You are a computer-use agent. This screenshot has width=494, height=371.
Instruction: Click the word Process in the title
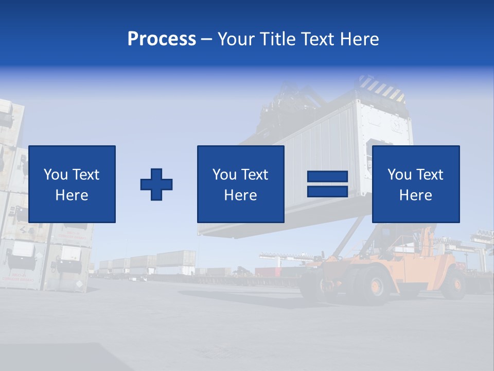click(x=162, y=39)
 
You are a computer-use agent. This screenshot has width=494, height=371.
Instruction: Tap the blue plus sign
click(x=156, y=184)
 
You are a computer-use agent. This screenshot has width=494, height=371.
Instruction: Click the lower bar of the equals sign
click(x=327, y=191)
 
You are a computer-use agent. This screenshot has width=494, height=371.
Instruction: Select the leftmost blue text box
click(x=72, y=184)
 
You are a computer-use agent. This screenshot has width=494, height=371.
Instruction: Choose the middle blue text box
click(x=240, y=184)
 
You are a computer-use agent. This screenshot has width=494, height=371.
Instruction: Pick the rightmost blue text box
click(x=415, y=184)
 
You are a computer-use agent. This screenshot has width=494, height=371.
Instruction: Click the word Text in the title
click(x=317, y=39)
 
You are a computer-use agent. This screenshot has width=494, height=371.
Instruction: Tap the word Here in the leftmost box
click(x=72, y=195)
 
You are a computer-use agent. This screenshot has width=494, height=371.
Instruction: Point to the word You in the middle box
click(x=224, y=175)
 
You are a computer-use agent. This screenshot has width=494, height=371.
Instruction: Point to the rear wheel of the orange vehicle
click(x=453, y=283)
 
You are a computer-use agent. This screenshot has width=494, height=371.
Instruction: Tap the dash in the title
click(x=206, y=40)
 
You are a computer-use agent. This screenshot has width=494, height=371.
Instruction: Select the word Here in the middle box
click(x=240, y=195)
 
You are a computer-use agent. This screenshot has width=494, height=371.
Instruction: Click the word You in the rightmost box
click(x=399, y=175)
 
